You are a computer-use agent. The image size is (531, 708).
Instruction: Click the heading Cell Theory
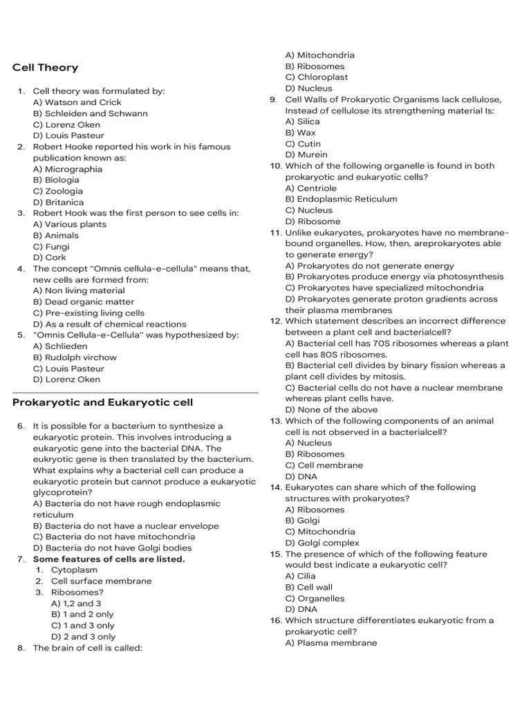(45, 68)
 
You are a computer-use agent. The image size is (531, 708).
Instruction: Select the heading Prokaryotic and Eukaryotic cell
(102, 402)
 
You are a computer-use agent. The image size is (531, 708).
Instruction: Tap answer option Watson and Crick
(77, 102)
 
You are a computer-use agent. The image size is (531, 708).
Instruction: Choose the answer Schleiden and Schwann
(90, 113)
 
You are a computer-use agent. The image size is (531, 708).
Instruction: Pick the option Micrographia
(67, 169)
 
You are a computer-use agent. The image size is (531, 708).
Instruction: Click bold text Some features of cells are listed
(109, 559)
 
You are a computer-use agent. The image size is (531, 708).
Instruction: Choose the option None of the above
(331, 410)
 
